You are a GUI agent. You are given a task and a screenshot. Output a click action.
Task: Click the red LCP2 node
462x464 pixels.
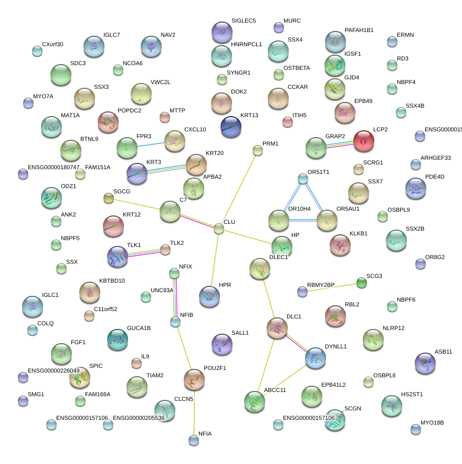pyautogui.click(x=363, y=141)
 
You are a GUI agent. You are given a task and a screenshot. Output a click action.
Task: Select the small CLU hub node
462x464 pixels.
pyautogui.click(x=218, y=228)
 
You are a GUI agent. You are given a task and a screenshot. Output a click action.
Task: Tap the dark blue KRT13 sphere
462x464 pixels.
pyautogui.click(x=231, y=127)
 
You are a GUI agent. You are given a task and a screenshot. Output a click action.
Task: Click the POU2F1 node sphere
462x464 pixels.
pyautogui.click(x=194, y=378)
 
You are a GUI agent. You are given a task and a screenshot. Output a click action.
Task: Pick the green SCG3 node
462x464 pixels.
pyautogui.click(x=362, y=283)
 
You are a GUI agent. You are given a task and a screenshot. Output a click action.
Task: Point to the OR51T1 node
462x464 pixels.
pyautogui.click(x=303, y=179)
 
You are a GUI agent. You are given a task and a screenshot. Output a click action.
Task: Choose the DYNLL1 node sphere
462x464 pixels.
pyautogui.click(x=315, y=357)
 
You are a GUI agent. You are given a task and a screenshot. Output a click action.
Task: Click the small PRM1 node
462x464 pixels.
pyautogui.click(x=257, y=151)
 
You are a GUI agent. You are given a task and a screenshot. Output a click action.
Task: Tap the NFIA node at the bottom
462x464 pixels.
pyautogui.click(x=194, y=440)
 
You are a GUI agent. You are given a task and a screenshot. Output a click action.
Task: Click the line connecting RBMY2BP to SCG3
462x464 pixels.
pyautogui.click(x=332, y=287)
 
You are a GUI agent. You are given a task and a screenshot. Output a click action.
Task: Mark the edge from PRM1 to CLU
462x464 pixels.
pyautogui.click(x=238, y=189)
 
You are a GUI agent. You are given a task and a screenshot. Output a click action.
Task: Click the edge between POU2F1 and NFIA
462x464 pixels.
pyautogui.click(x=194, y=413)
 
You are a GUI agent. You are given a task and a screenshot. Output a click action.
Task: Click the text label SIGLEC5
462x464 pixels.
pyautogui.click(x=244, y=21)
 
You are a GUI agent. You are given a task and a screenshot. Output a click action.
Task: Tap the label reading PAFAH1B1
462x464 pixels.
pyautogui.click(x=359, y=30)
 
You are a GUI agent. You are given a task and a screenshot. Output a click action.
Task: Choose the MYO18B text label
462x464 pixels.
pyautogui.click(x=432, y=422)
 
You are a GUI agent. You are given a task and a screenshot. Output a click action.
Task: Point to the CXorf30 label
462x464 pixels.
pyautogui.click(x=52, y=45)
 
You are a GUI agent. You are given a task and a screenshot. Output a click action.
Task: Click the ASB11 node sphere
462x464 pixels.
pyautogui.click(x=425, y=363)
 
